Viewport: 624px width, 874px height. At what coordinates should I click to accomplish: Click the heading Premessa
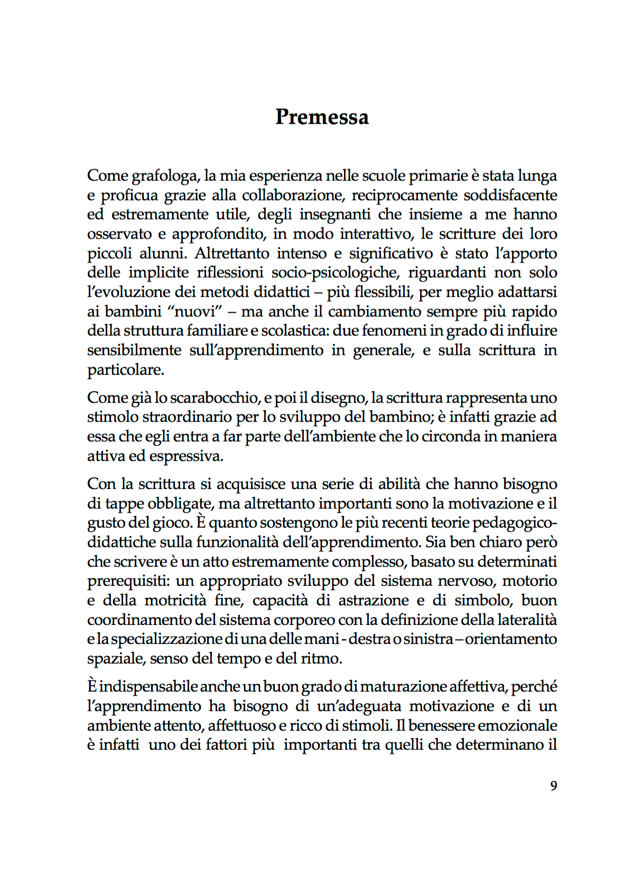(322, 117)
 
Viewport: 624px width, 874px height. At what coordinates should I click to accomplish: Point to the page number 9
(553, 786)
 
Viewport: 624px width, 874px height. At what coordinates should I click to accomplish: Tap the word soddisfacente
(510, 195)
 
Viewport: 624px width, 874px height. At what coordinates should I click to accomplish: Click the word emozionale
(518, 725)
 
